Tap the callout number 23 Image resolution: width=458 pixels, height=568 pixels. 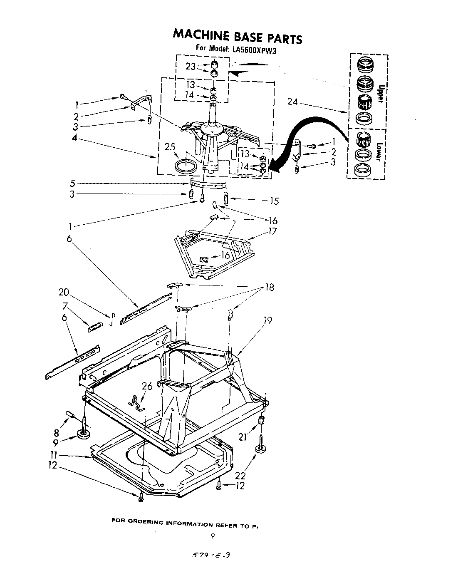coord(191,67)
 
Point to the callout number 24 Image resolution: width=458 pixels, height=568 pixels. coord(293,101)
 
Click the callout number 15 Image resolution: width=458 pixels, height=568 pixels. coord(274,201)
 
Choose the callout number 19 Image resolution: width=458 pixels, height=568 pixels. coord(267,320)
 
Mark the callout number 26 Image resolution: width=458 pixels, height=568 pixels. coord(147,386)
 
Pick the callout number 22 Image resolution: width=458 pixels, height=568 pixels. coord(240,476)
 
